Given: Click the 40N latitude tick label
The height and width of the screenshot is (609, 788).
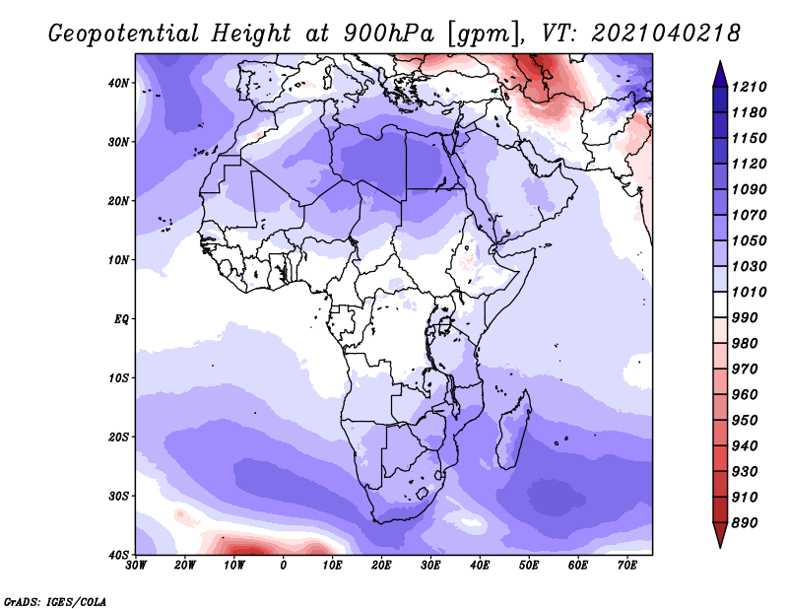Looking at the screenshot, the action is pyautogui.click(x=118, y=83).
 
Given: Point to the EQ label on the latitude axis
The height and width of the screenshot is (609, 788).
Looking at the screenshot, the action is pyautogui.click(x=121, y=319).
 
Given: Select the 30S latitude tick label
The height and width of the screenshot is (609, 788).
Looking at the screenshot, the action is pyautogui.click(x=118, y=497).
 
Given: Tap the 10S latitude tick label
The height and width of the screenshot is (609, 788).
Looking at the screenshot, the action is pyautogui.click(x=118, y=378).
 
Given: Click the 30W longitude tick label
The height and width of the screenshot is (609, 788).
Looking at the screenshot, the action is pyautogui.click(x=136, y=566).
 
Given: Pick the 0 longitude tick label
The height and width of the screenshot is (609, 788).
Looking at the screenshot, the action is pyautogui.click(x=284, y=566).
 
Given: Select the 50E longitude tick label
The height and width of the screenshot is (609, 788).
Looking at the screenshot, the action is pyautogui.click(x=529, y=566).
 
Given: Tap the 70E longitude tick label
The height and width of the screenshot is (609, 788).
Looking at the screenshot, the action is pyautogui.click(x=626, y=566).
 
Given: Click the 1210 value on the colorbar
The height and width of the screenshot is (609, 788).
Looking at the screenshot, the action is pyautogui.click(x=749, y=87).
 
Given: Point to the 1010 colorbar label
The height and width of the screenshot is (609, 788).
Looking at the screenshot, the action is pyautogui.click(x=749, y=292).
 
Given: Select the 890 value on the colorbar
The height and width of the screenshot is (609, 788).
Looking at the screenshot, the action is pyautogui.click(x=745, y=523).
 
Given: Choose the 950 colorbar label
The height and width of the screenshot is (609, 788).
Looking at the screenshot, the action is pyautogui.click(x=745, y=421).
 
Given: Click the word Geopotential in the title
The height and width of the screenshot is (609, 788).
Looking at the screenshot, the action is pyautogui.click(x=124, y=34).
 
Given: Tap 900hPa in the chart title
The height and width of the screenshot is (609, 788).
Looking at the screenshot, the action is pyautogui.click(x=389, y=34).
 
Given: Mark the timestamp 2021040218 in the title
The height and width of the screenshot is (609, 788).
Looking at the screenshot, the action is pyautogui.click(x=666, y=34).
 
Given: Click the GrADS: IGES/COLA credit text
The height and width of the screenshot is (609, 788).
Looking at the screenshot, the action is pyautogui.click(x=55, y=602).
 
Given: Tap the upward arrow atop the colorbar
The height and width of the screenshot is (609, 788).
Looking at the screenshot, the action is pyautogui.click(x=720, y=74).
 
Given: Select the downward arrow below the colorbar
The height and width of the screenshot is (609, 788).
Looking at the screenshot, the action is pyautogui.click(x=720, y=535).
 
